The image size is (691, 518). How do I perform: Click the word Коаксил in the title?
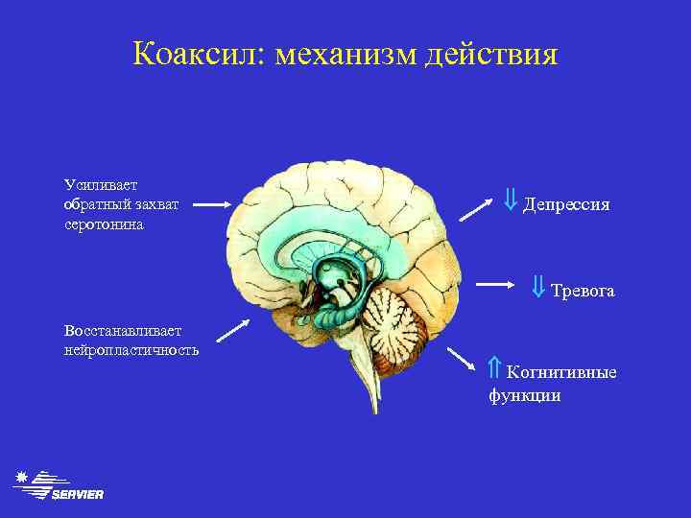click(x=199, y=54)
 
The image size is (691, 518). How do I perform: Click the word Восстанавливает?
click(x=116, y=330)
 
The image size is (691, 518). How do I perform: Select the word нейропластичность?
click(x=131, y=350)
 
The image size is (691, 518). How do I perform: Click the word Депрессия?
click(x=566, y=206)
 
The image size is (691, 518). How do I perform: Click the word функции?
click(x=525, y=394)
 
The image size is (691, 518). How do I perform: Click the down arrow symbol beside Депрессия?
click(x=511, y=201)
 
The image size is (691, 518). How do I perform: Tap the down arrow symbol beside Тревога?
click(x=538, y=286)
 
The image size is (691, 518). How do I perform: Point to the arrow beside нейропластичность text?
click(x=233, y=330)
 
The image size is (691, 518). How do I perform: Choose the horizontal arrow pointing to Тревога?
click(x=499, y=285)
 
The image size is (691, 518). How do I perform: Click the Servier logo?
click(x=60, y=486)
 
